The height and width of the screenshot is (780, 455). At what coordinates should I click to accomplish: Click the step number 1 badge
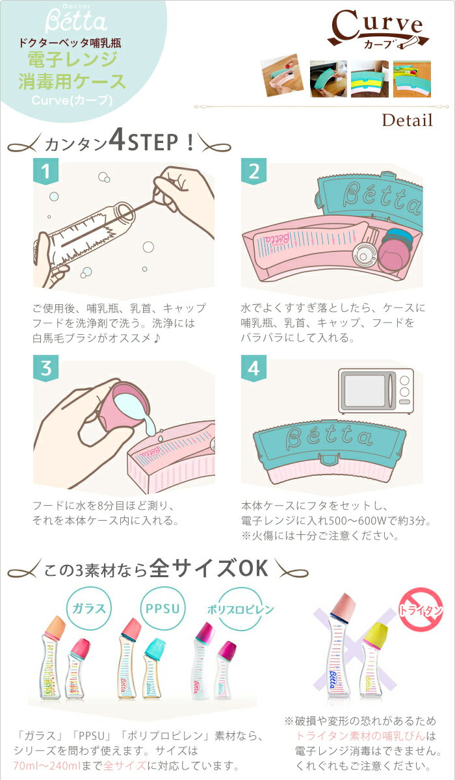coord(45,172)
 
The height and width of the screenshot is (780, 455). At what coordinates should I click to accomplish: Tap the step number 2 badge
coord(253,172)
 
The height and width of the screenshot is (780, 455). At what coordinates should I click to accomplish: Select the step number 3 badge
coord(45,369)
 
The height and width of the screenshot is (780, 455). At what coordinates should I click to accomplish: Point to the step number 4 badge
coord(253,369)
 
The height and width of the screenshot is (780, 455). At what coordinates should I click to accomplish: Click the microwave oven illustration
coord(376,391)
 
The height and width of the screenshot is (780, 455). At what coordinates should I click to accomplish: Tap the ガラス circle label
coord(89,608)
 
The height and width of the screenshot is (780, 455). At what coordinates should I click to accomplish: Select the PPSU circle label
coord(162,608)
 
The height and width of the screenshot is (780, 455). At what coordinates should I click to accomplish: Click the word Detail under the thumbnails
coord(408,120)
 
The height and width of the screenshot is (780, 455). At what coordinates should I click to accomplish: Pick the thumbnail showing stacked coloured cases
coord(370,79)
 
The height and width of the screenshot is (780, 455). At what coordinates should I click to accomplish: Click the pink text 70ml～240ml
coord(47,766)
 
